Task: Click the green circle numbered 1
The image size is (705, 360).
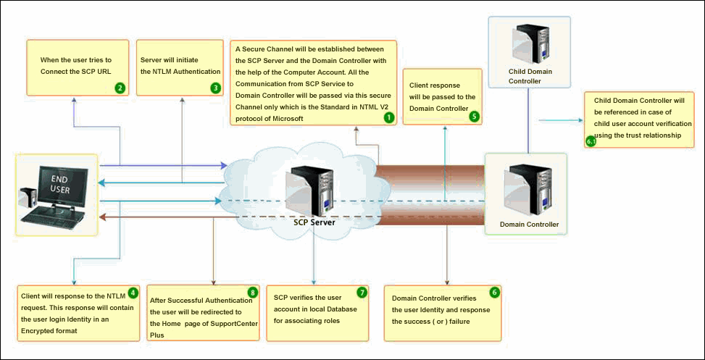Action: (388, 117)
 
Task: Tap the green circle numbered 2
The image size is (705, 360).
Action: (120, 88)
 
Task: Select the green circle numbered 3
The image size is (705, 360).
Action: (215, 88)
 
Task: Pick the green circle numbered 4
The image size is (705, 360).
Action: (133, 293)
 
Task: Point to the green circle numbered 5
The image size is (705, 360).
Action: (474, 115)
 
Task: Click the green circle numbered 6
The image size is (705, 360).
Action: (494, 292)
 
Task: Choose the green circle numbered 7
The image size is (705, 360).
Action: (362, 292)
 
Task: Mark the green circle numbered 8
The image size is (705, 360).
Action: (252, 292)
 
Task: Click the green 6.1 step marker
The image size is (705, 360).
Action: (591, 141)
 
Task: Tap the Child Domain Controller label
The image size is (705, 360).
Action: (534, 77)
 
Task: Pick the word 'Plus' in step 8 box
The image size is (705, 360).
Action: (158, 335)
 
